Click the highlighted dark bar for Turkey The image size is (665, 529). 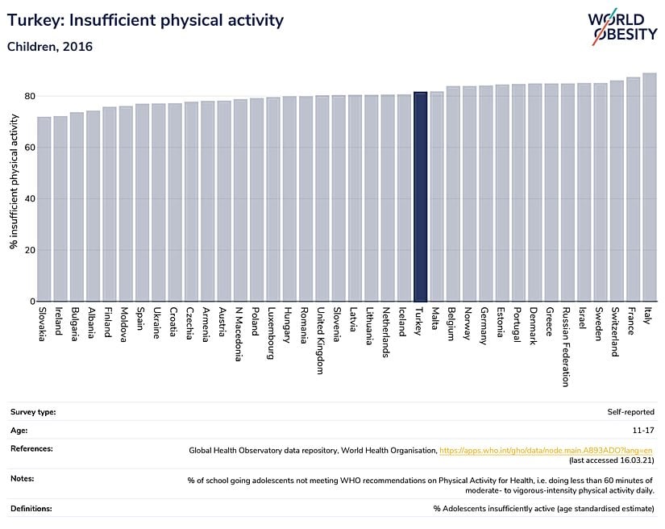coord(420,197)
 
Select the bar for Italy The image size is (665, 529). coord(650,187)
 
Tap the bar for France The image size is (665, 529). coord(634,190)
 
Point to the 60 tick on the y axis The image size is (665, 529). coord(30,148)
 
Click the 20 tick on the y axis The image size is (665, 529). coord(30,250)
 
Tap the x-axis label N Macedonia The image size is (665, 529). coord(239,333)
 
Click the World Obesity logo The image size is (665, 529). coord(621,27)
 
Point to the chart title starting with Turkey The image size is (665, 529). coord(145,20)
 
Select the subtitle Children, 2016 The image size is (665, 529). coord(50,47)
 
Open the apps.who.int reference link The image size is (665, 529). coord(546,450)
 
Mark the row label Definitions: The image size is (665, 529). coord(32,508)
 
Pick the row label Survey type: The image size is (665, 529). coord(33,412)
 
